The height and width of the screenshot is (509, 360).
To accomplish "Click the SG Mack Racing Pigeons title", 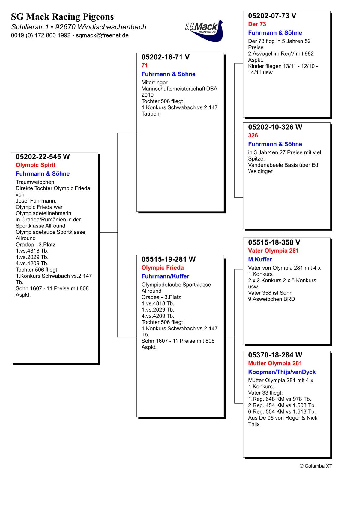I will coord(62,17).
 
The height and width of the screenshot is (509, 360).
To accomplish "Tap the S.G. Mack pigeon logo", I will coord(205,30).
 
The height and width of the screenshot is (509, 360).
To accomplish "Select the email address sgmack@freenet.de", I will coord(102,35).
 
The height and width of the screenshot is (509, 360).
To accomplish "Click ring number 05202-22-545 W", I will coord(43,157).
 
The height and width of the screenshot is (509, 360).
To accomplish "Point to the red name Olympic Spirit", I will coord(35,165).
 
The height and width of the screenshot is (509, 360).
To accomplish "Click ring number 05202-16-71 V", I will coord(165,57).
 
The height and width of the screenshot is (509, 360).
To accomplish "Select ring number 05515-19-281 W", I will coord(168,259).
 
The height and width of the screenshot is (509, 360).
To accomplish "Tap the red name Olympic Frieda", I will coord(163,268).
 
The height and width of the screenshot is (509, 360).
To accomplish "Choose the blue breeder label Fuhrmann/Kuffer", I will coord(165,276).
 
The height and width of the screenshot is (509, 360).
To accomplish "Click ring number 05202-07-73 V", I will coord(272,16).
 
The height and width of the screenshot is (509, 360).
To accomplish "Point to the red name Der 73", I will coord(257,24).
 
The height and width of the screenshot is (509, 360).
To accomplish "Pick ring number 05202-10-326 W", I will coord(275,127).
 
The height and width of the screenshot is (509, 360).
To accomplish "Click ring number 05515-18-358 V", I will coord(274,242).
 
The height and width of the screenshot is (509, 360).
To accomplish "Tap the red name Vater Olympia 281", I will coord(273,251).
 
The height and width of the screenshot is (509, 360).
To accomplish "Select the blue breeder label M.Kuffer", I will coord(260,260).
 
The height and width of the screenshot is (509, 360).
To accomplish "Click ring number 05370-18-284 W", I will coord(275,355).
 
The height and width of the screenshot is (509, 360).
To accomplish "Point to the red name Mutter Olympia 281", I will coord(275,363).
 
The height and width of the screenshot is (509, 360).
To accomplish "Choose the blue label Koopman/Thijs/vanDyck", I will coord(282,372).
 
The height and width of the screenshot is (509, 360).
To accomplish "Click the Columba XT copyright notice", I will coord(316,466).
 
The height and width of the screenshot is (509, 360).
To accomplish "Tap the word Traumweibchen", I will coord(35,182).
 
